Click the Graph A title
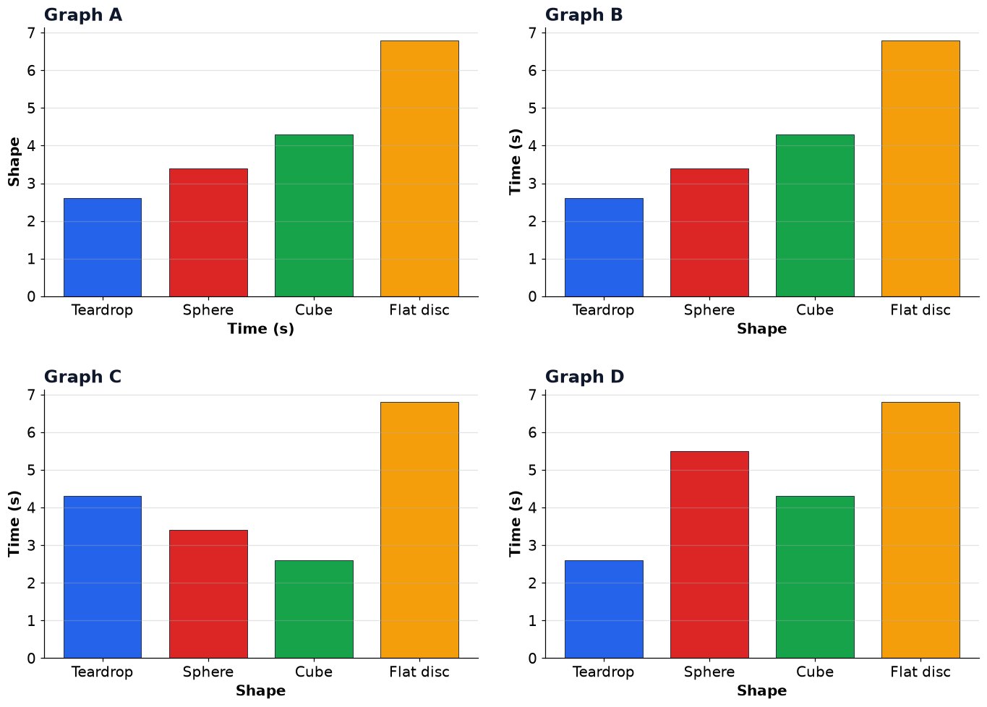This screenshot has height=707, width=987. click(x=83, y=15)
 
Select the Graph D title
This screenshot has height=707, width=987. click(x=584, y=377)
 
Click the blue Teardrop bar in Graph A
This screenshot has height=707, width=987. click(x=103, y=247)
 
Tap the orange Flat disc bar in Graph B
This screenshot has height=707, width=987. click(x=920, y=168)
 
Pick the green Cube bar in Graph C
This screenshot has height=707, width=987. click(x=314, y=609)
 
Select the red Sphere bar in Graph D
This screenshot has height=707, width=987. click(x=709, y=554)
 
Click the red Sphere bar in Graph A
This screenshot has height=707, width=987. click(x=208, y=233)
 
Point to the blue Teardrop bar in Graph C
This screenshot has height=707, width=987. click(x=103, y=577)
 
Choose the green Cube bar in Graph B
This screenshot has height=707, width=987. click(x=815, y=216)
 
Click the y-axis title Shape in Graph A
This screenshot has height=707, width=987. click(x=14, y=162)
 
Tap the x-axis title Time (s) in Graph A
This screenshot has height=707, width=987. click(x=261, y=329)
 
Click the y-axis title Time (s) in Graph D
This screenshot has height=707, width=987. click(x=515, y=524)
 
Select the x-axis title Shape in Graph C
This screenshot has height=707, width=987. click(x=261, y=690)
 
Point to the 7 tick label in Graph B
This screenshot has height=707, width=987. click(x=532, y=33)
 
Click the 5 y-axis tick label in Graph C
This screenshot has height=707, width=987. click(x=31, y=471)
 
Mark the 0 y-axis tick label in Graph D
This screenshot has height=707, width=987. click(x=532, y=659)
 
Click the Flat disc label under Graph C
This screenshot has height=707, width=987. click(x=419, y=672)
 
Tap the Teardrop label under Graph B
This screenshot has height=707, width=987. click(x=604, y=310)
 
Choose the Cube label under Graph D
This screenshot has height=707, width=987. click(x=815, y=672)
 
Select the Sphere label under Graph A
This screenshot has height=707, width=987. click(x=208, y=310)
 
